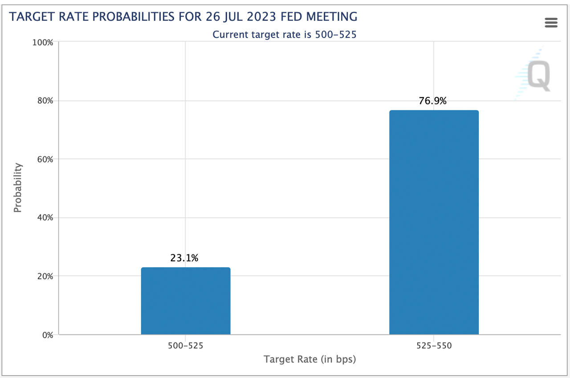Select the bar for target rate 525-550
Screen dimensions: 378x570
pyautogui.click(x=434, y=222)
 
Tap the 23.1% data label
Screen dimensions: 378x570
pyautogui.click(x=184, y=258)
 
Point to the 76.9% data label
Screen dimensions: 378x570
pyautogui.click(x=432, y=101)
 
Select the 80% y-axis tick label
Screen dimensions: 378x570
pyautogui.click(x=45, y=101)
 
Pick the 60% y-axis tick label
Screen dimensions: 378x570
pyautogui.click(x=45, y=159)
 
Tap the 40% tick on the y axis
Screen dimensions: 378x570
pyautogui.click(x=45, y=218)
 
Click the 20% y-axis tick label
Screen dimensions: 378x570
pyautogui.click(x=45, y=276)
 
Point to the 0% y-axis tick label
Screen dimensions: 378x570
pyautogui.click(x=47, y=335)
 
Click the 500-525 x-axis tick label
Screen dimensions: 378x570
pyautogui.click(x=186, y=346)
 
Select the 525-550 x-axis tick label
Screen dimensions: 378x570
pyautogui.click(x=434, y=346)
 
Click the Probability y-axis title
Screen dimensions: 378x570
pyautogui.click(x=18, y=188)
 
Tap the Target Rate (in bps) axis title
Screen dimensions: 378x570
pyautogui.click(x=309, y=359)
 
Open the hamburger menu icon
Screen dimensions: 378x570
pyautogui.click(x=551, y=23)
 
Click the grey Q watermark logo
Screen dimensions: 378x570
pyautogui.click(x=539, y=76)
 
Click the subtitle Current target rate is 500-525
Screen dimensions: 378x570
pyautogui.click(x=285, y=34)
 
